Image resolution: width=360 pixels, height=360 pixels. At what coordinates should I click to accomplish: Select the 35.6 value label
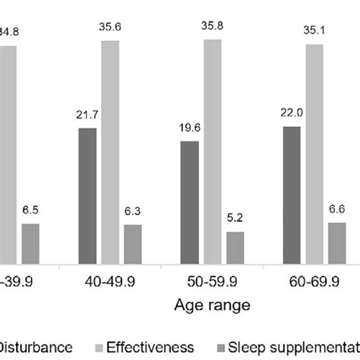click(x=110, y=27)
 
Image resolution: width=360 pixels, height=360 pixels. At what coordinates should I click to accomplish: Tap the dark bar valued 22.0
click(x=291, y=195)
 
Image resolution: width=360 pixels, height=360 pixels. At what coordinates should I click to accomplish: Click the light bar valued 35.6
click(x=110, y=152)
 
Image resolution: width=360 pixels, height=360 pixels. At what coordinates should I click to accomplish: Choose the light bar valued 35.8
click(x=212, y=151)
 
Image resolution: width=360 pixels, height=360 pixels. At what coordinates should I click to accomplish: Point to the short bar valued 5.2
click(x=235, y=248)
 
